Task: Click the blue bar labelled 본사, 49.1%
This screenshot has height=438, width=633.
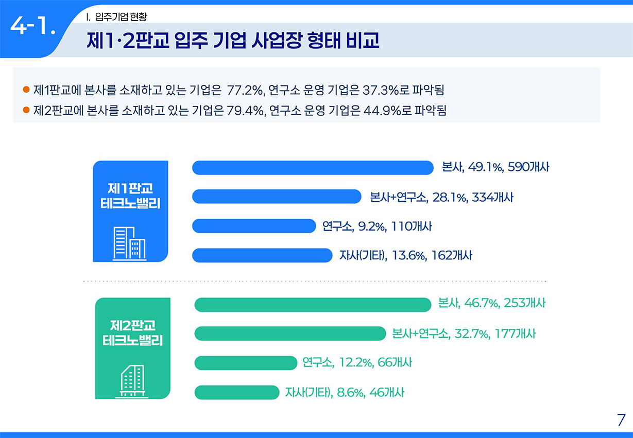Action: tap(313, 168)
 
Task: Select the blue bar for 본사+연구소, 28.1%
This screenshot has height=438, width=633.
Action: tap(277, 197)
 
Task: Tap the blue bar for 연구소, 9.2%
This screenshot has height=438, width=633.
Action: tap(253, 226)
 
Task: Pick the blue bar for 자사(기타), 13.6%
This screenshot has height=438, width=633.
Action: tap(262, 255)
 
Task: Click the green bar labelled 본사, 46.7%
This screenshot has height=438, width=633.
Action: tap(313, 305)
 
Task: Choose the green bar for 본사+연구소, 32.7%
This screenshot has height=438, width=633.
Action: tap(290, 334)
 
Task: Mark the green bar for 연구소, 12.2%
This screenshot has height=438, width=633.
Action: tap(246, 363)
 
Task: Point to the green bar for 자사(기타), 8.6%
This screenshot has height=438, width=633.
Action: tap(236, 392)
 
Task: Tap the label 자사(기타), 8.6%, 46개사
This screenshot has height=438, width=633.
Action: tap(344, 393)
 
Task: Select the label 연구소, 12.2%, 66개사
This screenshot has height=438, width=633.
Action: tap(357, 363)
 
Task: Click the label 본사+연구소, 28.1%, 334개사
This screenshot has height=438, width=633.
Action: tap(441, 197)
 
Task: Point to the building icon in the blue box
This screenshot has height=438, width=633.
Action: tap(130, 243)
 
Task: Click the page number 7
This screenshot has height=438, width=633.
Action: tap(621, 420)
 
